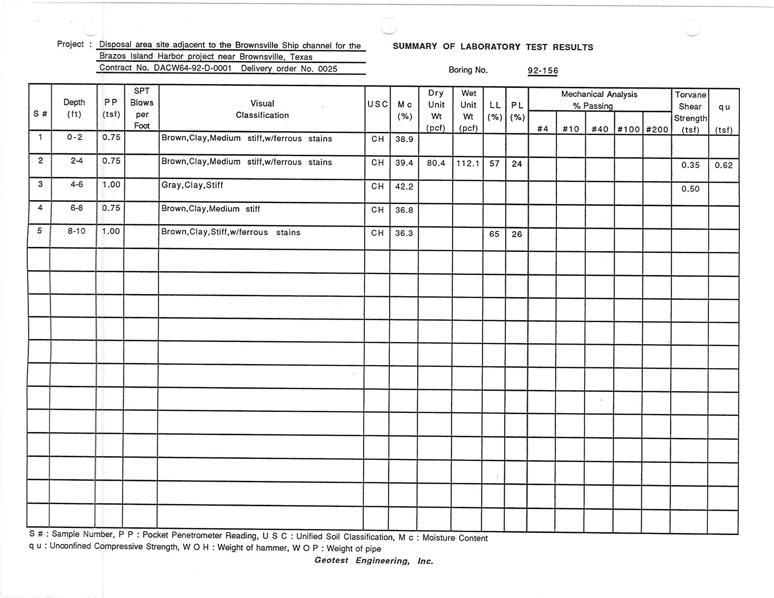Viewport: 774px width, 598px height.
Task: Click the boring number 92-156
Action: coord(543,70)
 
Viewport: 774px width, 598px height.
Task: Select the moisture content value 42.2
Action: coord(404,186)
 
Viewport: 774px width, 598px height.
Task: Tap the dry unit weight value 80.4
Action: coord(436,163)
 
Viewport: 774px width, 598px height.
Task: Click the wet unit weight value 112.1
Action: coord(468,163)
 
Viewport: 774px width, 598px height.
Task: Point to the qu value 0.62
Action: coord(723,165)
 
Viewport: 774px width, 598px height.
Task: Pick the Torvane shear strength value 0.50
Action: coord(690,189)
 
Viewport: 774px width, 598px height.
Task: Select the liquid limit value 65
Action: coord(494,234)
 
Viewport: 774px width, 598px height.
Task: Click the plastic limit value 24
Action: coord(517,164)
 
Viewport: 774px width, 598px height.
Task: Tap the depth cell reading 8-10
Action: coord(77,231)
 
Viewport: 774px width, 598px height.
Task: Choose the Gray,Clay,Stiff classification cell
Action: coord(192,185)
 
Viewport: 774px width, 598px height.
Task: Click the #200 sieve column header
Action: coord(657,129)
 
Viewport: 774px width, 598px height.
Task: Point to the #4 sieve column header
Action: coord(543,129)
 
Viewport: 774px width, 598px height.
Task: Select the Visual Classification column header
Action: coord(262,109)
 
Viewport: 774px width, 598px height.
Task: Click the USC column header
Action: coord(378,104)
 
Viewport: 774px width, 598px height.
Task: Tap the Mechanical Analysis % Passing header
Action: coord(599,100)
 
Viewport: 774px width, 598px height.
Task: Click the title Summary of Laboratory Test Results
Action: coord(493,47)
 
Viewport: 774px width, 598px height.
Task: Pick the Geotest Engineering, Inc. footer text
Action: coord(374,560)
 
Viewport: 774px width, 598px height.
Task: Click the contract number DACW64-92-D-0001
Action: coord(192,68)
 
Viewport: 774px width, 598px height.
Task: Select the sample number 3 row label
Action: coord(40,184)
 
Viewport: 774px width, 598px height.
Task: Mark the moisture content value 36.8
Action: coord(404,210)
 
